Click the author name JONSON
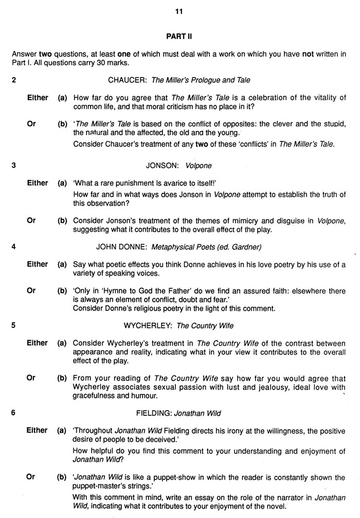(160, 166)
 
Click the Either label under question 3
(37, 183)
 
